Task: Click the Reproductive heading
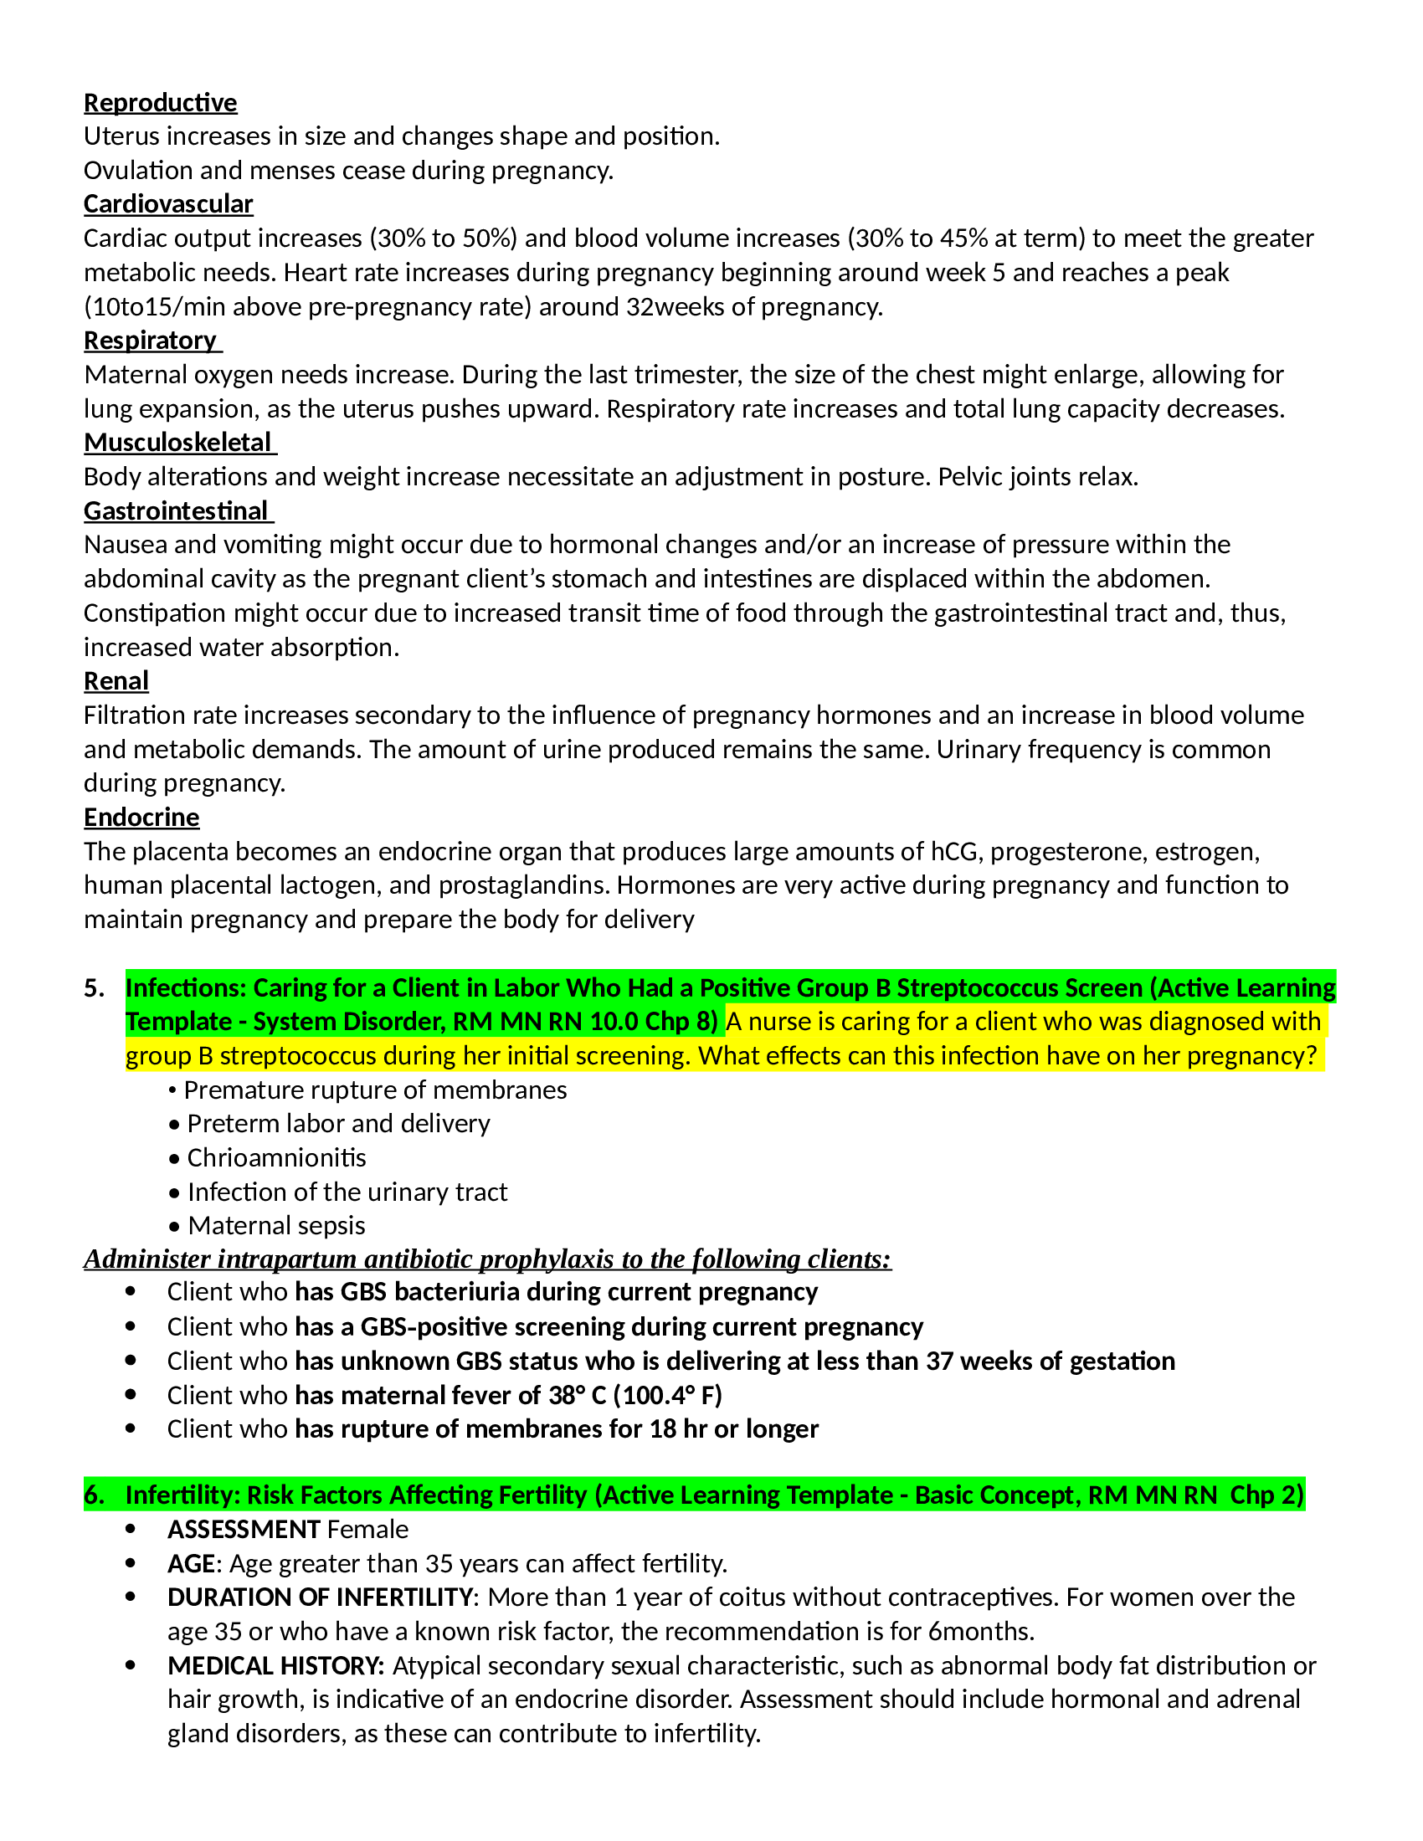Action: pyautogui.click(x=160, y=103)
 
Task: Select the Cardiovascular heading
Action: pyautogui.click(x=167, y=204)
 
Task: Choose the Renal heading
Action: pyautogui.click(x=116, y=681)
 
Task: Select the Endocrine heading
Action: pyautogui.click(x=141, y=818)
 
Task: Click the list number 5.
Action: pyautogui.click(x=94, y=988)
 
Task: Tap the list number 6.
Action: pyautogui.click(x=94, y=1495)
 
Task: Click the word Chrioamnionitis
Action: pyautogui.click(x=276, y=1158)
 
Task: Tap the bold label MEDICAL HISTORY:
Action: pyautogui.click(x=275, y=1666)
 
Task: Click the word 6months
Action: pyautogui.click(x=979, y=1632)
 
